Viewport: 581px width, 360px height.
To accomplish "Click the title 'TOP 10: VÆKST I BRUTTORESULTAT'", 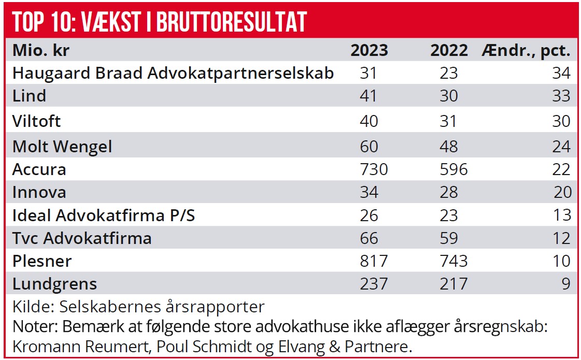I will click(160, 21).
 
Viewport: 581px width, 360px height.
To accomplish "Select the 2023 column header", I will click(369, 50).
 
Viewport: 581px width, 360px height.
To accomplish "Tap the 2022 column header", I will click(449, 50).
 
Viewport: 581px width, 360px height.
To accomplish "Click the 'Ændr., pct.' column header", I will click(526, 51).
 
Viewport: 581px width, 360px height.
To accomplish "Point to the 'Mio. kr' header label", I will click(41, 50).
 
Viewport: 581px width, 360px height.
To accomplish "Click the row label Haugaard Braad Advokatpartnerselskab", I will click(173, 73).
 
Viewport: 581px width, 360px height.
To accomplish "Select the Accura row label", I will click(39, 170).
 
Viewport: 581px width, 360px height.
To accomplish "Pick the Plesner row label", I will click(42, 261).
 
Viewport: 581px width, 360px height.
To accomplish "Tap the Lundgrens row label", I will click(54, 284).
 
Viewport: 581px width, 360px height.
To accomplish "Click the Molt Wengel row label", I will click(62, 147).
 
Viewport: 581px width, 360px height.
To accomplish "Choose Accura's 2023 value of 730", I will click(374, 170).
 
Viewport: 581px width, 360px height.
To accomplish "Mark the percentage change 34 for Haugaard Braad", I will click(561, 73).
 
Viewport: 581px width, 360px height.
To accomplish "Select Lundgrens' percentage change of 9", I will click(565, 284).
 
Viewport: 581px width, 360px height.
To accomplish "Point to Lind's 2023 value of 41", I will click(369, 96).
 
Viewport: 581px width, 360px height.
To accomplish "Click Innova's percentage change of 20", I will click(561, 193).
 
